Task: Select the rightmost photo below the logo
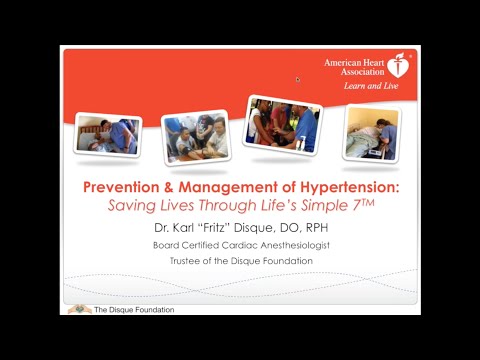tap(371, 133)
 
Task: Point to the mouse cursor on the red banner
tap(297, 79)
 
